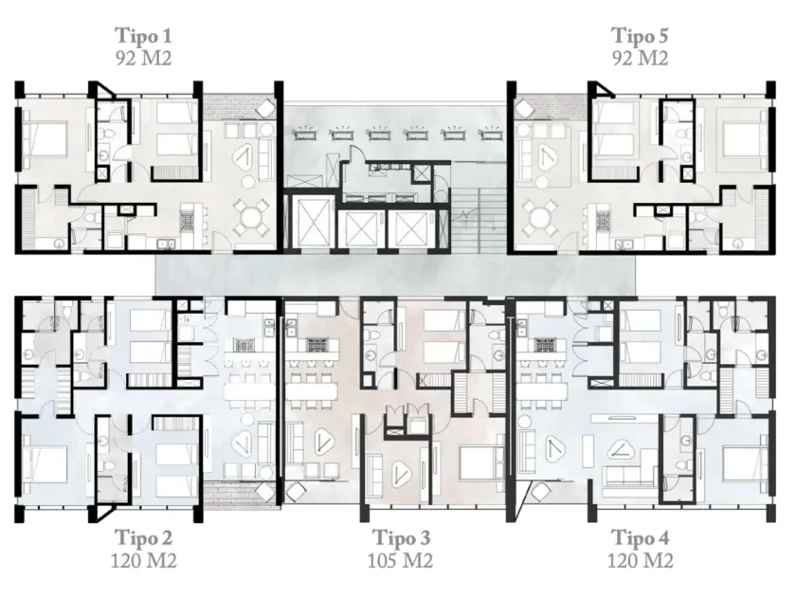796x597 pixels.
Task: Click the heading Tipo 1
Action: (x=144, y=36)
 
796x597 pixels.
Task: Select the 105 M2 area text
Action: (x=400, y=560)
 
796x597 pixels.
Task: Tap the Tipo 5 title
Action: (x=640, y=36)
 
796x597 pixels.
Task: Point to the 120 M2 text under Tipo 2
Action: (x=144, y=560)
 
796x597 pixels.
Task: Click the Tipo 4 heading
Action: (x=641, y=537)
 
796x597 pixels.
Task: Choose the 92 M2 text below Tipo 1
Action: (x=144, y=59)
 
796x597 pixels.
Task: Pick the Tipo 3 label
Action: (x=401, y=537)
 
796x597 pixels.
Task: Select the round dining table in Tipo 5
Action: (x=538, y=217)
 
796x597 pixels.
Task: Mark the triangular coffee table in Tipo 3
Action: (x=401, y=473)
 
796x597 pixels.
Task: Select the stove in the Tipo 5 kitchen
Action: (x=603, y=222)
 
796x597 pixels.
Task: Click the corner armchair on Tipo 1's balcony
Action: (x=265, y=108)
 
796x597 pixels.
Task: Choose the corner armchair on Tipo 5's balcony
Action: (x=524, y=108)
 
